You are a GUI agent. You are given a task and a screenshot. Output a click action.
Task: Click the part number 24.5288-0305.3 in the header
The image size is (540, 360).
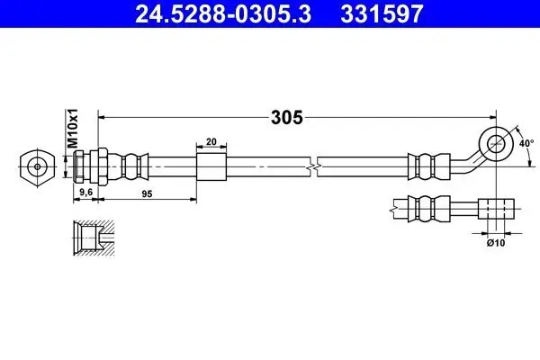(x=223, y=14)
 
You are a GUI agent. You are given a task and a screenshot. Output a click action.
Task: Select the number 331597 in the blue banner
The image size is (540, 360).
(x=382, y=14)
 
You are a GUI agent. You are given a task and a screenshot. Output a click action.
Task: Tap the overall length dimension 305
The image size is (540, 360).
(x=286, y=118)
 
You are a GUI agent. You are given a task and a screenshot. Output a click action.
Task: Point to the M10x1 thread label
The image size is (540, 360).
(x=73, y=128)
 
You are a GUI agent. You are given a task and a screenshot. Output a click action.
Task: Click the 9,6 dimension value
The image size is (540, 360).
(x=86, y=192)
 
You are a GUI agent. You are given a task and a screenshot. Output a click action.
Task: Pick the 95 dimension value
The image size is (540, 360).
(x=147, y=194)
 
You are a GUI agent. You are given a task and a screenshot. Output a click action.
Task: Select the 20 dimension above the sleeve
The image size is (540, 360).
(x=211, y=141)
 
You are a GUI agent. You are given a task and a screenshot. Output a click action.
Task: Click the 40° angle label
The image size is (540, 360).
(x=526, y=143)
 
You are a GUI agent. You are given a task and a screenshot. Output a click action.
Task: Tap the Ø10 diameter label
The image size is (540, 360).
(x=496, y=243)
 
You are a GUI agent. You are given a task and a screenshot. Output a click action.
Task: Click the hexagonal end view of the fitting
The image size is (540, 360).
(x=37, y=167)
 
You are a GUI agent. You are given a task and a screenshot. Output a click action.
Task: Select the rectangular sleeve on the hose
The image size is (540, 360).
(x=211, y=167)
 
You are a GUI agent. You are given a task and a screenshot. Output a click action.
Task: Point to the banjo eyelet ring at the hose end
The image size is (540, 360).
(x=496, y=143)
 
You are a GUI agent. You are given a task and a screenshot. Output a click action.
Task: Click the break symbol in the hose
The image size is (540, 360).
(x=314, y=167)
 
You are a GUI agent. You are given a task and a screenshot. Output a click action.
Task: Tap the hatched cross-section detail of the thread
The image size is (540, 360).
(x=94, y=238)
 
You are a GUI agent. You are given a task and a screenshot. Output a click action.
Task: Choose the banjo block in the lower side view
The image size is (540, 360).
(x=496, y=209)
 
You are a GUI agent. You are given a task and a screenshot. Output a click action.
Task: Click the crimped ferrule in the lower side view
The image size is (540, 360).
(x=429, y=209)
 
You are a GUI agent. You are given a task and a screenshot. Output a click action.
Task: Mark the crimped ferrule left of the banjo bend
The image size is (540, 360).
(x=429, y=167)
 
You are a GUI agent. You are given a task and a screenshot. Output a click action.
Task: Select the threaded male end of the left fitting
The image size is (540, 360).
(x=79, y=167)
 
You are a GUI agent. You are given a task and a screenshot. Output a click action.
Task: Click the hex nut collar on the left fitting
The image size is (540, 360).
(x=103, y=167)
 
